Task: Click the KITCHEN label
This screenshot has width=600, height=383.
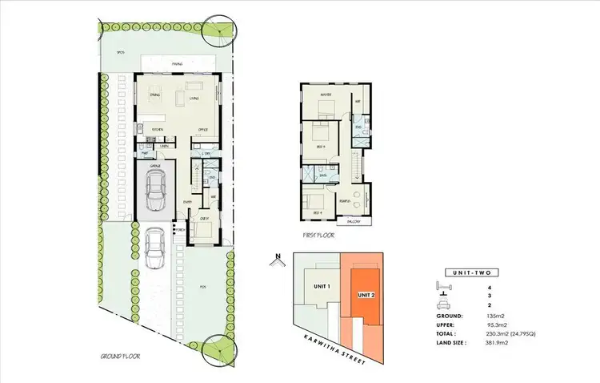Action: [x=158, y=128]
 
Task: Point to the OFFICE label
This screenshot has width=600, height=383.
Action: [x=203, y=128]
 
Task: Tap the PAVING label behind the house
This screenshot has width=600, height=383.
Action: [x=177, y=63]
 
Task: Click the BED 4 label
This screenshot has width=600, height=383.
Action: [x=317, y=212]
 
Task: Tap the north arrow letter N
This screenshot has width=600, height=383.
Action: [x=275, y=258]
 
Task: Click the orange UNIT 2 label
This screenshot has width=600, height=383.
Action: [x=366, y=294]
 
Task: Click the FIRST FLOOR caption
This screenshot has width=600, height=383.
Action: [x=318, y=236]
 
